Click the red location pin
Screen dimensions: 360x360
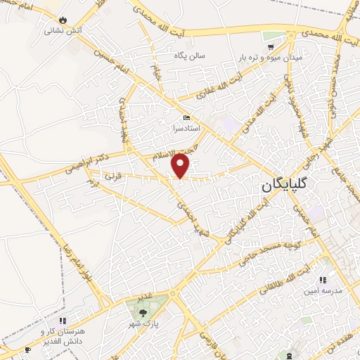pos(181,166)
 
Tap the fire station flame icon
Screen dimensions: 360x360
pos(65,20)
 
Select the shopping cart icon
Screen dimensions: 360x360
pos(271,46)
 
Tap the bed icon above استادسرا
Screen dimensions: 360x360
pos(186,117)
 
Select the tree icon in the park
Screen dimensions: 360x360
pos(143,312)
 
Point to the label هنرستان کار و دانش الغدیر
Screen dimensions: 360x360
pos(60,336)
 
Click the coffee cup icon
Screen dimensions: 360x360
pos(28,349)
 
